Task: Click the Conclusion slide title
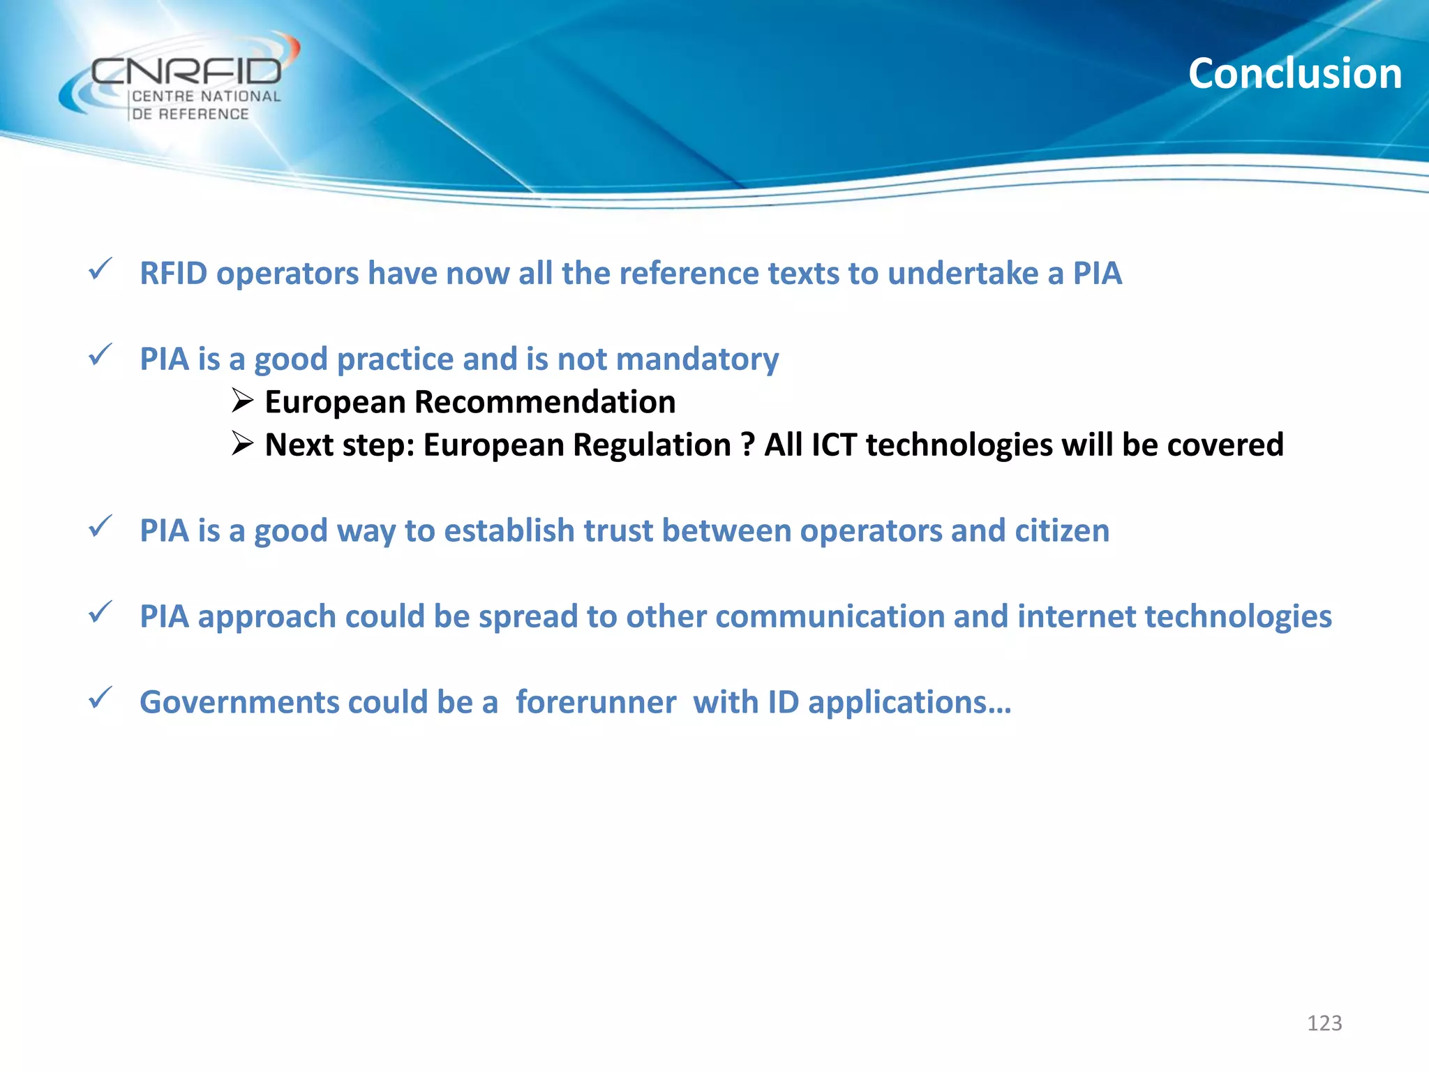coord(1294,74)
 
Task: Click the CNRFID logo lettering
coord(186,72)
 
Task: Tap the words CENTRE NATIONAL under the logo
coord(207,97)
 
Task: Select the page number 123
coord(1324,1023)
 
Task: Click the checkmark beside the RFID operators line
coord(100,269)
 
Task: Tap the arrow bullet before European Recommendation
coord(242,401)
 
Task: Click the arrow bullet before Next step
coord(242,443)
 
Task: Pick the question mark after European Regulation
coord(748,445)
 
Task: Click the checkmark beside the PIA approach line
coord(100,613)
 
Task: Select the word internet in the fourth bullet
coord(1076,617)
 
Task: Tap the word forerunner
coord(595,703)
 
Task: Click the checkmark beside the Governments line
coord(100,698)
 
